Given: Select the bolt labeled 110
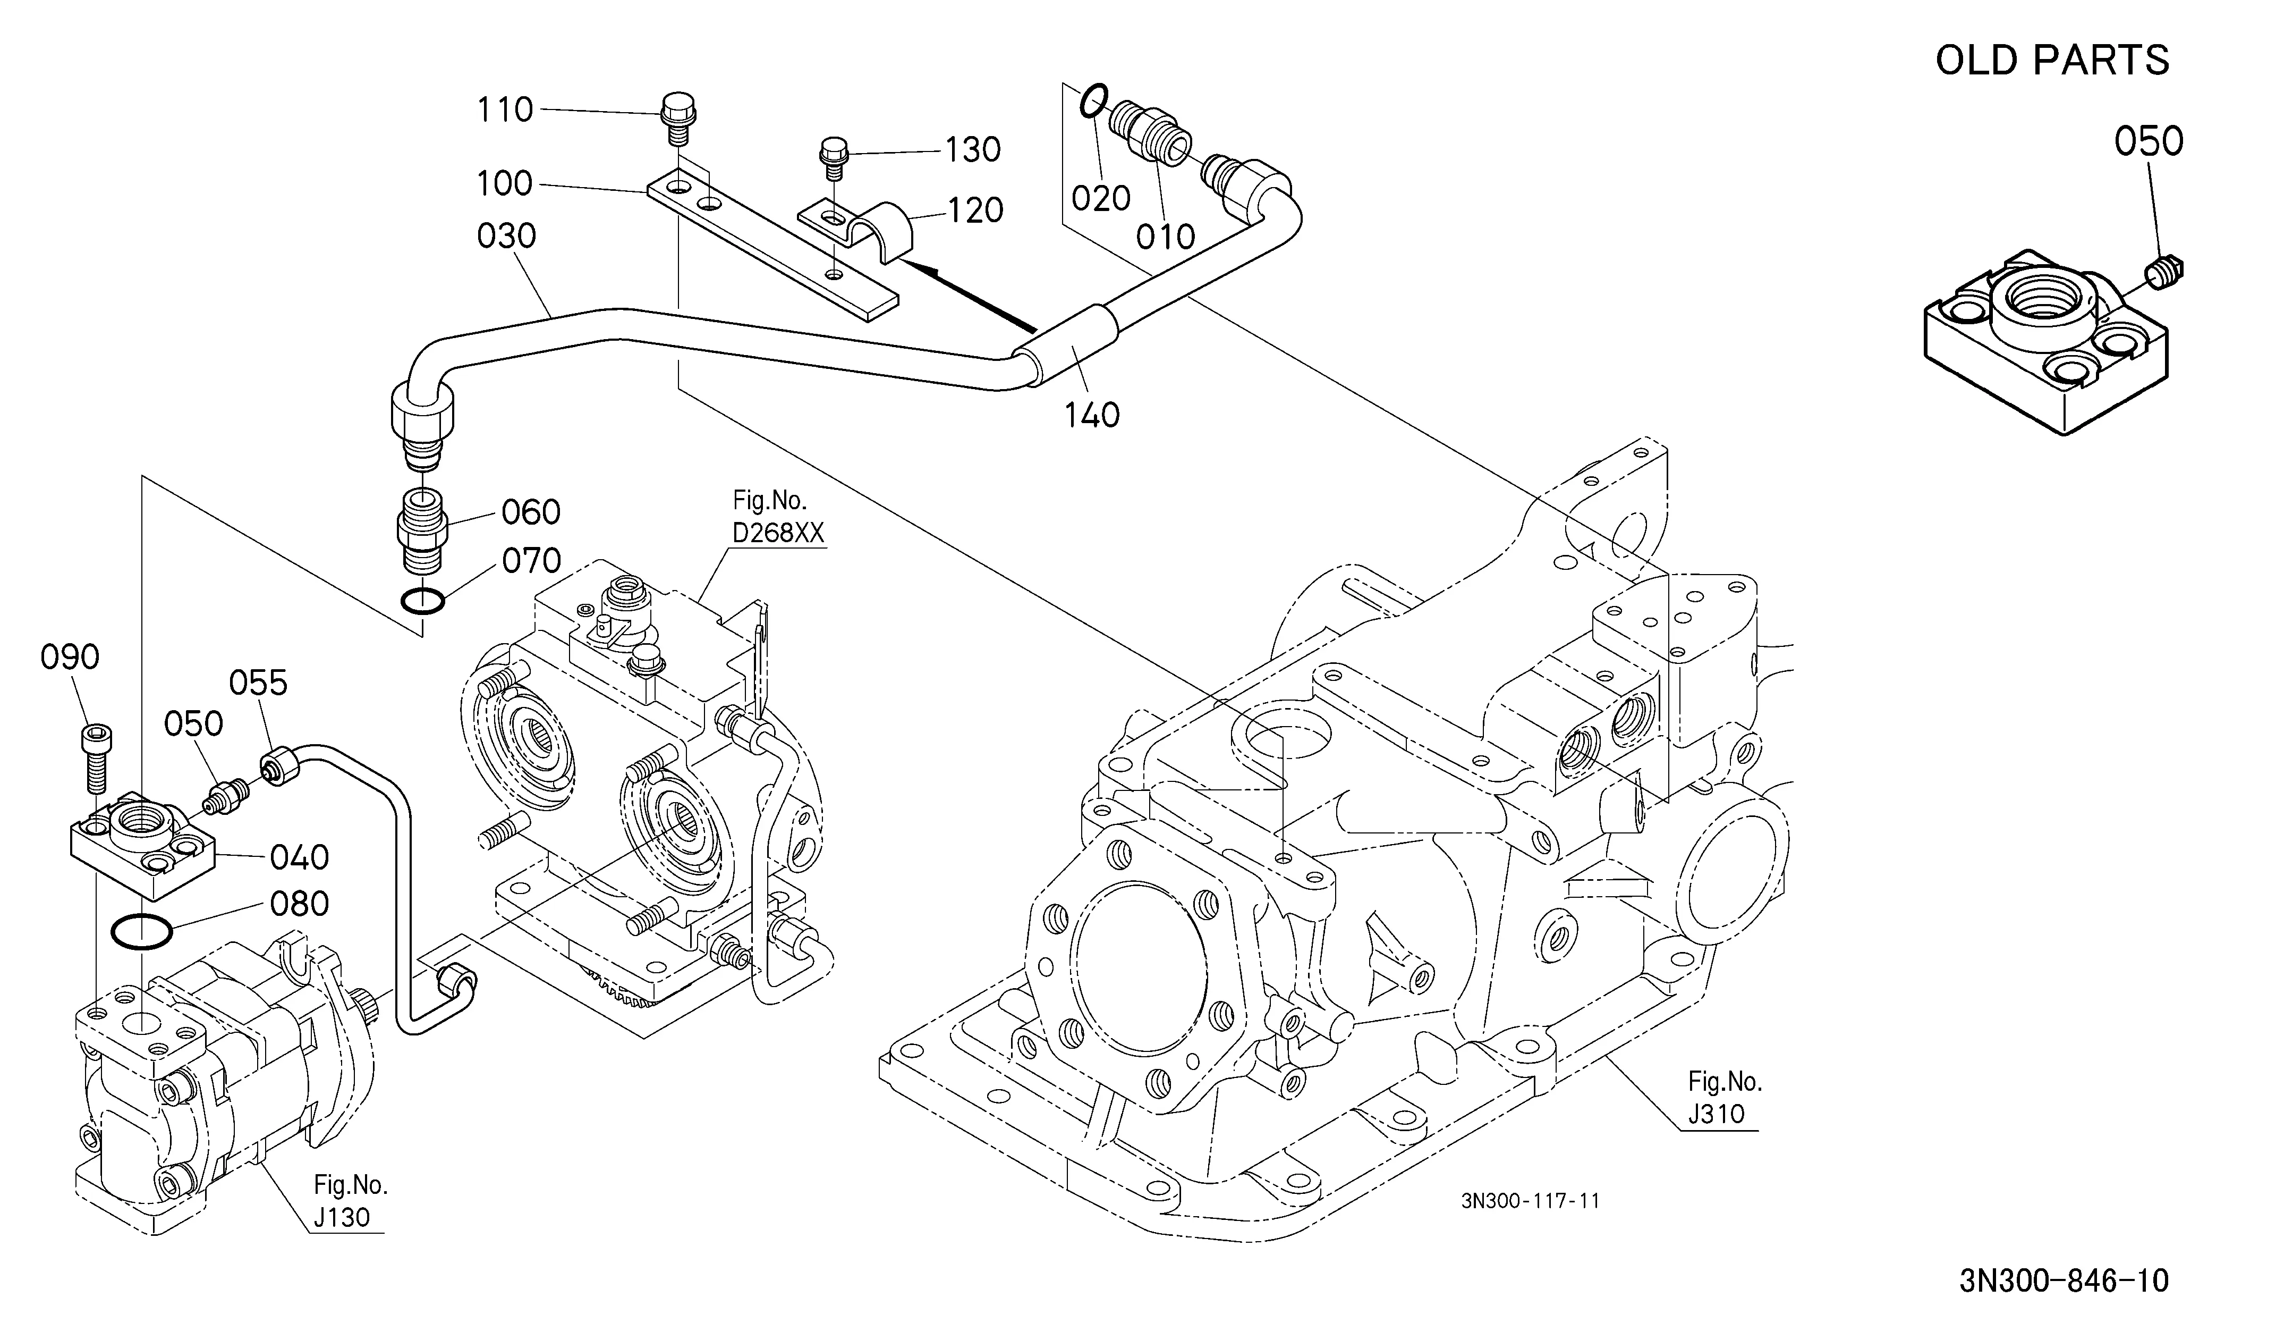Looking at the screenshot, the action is pyautogui.click(x=674, y=118).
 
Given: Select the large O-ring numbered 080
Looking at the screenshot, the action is pyautogui.click(x=140, y=931).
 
